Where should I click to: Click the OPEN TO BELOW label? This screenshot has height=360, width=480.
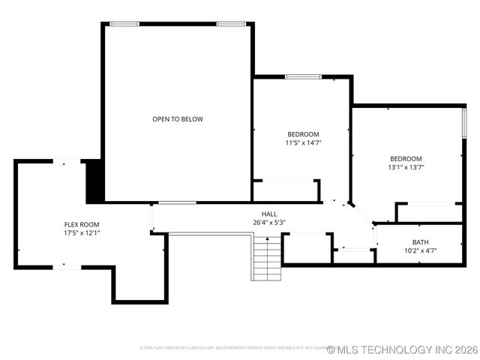click(x=178, y=119)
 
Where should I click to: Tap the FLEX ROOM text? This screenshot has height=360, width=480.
click(x=81, y=224)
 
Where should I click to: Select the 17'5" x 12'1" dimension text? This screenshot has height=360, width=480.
click(x=81, y=232)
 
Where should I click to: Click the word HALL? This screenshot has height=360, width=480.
click(x=268, y=214)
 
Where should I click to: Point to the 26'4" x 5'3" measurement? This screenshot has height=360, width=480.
click(x=268, y=222)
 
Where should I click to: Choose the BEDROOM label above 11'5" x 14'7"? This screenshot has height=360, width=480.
click(x=303, y=134)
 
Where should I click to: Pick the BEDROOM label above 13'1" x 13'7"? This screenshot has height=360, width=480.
click(x=406, y=159)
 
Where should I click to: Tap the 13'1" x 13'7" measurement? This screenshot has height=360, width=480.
click(x=406, y=167)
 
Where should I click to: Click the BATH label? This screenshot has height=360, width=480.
click(x=421, y=242)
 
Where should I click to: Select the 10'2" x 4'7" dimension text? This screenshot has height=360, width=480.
click(x=421, y=250)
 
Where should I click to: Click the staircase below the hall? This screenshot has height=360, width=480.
click(x=266, y=257)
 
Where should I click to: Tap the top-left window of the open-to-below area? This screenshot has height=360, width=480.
click(x=124, y=24)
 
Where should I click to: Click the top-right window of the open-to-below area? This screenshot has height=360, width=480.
click(x=231, y=24)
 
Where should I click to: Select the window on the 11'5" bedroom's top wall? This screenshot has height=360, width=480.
click(x=303, y=76)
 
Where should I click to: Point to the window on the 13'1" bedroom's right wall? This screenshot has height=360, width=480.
click(x=464, y=122)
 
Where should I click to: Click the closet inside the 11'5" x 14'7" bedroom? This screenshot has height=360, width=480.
click(x=286, y=190)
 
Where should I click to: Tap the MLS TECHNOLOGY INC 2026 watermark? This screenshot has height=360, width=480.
click(x=402, y=349)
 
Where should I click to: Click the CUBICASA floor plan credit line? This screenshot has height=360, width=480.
click(x=232, y=348)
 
